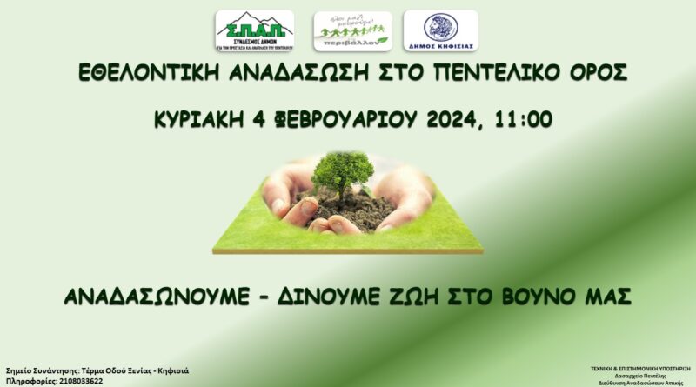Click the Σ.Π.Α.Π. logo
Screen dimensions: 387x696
tap(255, 30)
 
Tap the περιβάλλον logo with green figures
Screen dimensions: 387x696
tap(352, 30)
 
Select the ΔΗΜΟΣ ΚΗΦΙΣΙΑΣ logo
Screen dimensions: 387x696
tap(440, 30)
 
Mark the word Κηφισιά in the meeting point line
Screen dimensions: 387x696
tap(169, 370)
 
